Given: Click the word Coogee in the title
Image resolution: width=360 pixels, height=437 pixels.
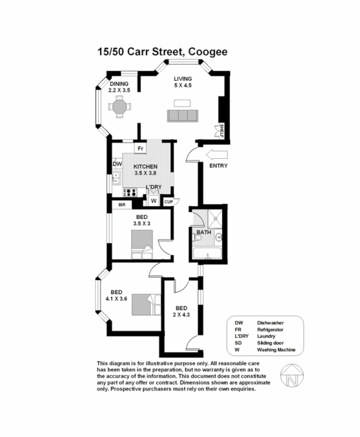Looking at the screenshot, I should click(x=208, y=52).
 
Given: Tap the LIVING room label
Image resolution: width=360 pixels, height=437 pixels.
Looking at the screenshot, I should click(x=182, y=79).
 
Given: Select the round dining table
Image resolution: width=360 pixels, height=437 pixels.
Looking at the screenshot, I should click(x=119, y=107).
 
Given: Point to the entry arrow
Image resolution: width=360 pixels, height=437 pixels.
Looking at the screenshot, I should click(x=217, y=155).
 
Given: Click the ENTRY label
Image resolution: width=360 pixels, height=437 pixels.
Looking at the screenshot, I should click(x=218, y=166).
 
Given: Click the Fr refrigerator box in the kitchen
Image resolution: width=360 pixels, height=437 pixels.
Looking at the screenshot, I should click(x=140, y=148).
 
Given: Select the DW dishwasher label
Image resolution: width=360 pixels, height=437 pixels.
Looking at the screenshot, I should click(x=117, y=164).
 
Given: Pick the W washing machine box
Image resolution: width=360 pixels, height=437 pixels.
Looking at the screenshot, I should click(x=154, y=201).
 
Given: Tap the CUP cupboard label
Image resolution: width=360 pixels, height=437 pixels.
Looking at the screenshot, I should click(x=168, y=202).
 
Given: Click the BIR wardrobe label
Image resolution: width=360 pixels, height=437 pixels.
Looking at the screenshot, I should click(x=122, y=205).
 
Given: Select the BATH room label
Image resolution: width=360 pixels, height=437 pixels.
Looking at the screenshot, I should click(x=204, y=232).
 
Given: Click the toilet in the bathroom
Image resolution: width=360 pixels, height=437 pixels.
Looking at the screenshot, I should click(x=198, y=238).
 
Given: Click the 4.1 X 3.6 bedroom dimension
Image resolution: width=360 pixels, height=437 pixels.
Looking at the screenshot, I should click(x=116, y=299).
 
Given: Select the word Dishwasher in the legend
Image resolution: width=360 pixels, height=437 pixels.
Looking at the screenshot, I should click(x=270, y=323).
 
